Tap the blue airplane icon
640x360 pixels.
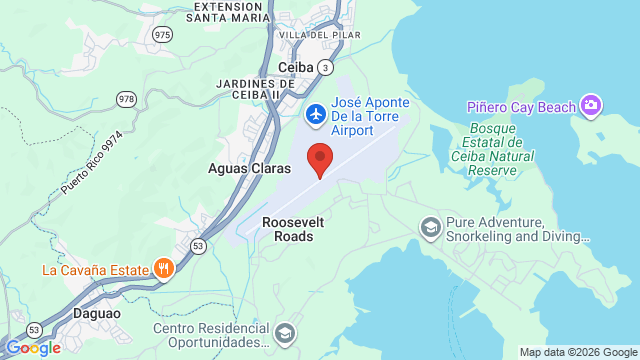315,115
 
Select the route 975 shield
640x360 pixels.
162,34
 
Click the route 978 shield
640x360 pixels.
126,98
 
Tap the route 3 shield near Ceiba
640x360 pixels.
326,67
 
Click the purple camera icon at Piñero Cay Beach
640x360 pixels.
591,105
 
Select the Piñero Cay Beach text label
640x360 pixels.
521,107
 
